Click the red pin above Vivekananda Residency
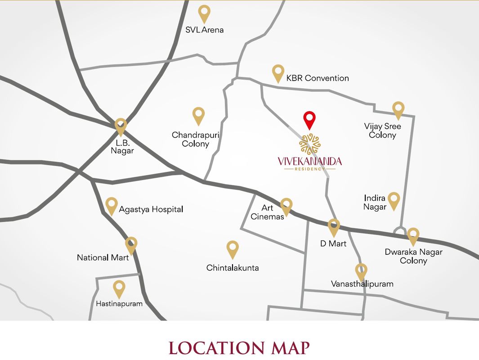click(x=309, y=119)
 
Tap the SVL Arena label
click(x=204, y=30)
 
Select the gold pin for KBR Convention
click(x=278, y=72)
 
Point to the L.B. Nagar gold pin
click(x=121, y=126)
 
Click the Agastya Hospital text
click(x=151, y=209)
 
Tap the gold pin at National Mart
click(x=131, y=245)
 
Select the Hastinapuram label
click(x=119, y=304)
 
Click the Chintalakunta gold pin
click(x=233, y=248)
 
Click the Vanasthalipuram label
click(x=362, y=284)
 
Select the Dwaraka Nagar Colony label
click(x=413, y=256)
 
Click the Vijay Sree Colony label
click(x=382, y=130)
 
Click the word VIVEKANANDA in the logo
click(x=309, y=161)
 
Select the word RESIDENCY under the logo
click(x=309, y=169)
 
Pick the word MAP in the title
click(x=290, y=348)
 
